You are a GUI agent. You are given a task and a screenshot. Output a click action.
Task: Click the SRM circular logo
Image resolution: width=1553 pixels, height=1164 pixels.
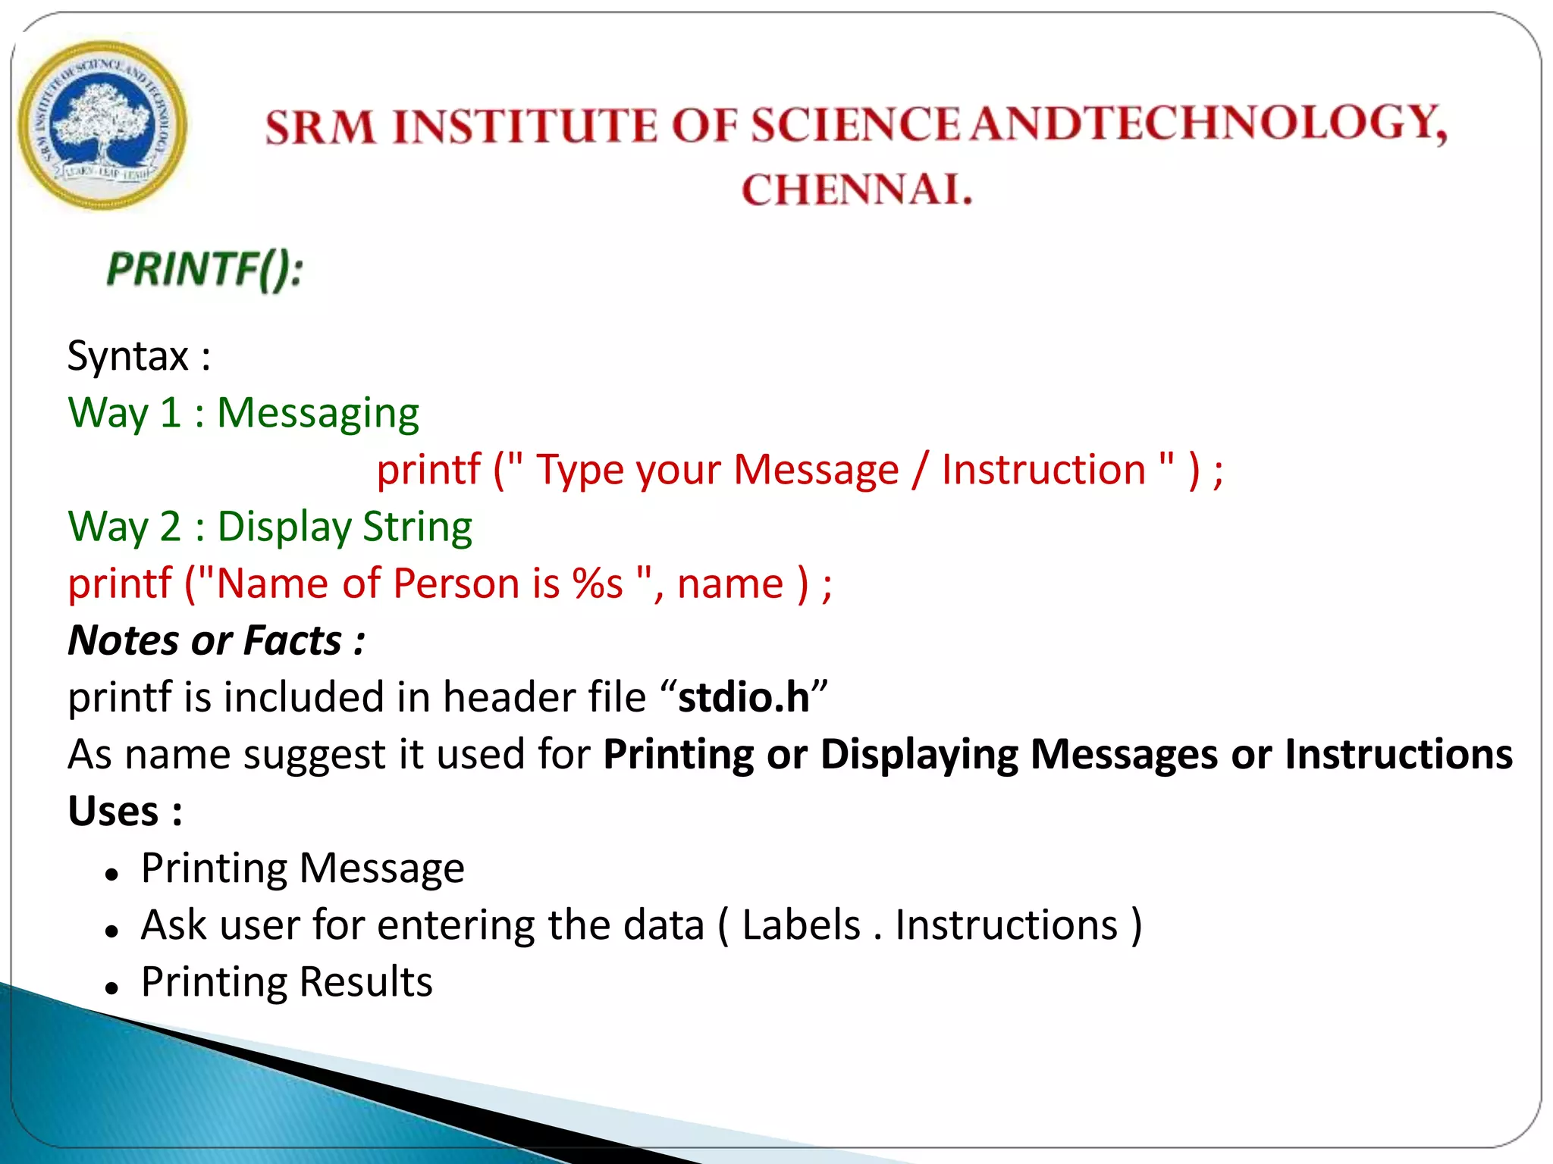(102, 125)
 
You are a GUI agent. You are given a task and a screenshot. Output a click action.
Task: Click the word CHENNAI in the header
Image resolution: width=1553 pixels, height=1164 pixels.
(856, 189)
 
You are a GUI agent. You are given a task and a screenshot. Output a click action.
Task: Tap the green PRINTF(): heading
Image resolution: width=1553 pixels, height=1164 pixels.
(205, 270)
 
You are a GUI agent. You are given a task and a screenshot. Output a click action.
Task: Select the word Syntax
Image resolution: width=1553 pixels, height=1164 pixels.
(127, 356)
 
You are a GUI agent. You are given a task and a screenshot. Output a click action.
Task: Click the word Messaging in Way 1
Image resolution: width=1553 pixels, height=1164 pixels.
(318, 415)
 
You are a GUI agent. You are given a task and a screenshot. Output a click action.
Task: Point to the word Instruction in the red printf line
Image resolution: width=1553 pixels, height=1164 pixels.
(1043, 470)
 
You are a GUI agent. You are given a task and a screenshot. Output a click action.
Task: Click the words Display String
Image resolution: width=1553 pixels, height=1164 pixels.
(344, 527)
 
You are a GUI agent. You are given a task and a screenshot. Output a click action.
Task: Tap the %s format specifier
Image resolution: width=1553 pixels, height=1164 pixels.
(598, 584)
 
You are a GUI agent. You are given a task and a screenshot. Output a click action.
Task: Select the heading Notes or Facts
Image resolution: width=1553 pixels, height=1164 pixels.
(216, 640)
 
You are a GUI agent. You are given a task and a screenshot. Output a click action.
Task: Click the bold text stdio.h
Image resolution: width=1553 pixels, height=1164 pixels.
(743, 697)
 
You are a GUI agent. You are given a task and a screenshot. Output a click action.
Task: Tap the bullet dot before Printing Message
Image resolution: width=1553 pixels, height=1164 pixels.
(112, 875)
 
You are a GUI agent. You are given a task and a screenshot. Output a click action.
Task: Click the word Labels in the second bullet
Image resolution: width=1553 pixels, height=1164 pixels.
(801, 925)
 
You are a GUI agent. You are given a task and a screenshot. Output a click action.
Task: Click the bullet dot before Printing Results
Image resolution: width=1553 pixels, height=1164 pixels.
(112, 988)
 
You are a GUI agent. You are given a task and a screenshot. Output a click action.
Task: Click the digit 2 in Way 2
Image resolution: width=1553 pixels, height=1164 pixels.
(171, 527)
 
